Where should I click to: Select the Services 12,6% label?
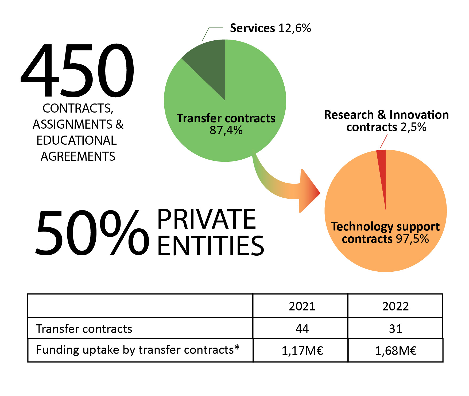click(270, 28)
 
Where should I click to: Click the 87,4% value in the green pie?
click(226, 130)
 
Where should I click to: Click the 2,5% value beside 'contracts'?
click(413, 127)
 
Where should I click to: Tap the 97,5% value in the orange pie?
click(412, 239)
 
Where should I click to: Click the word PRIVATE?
click(207, 219)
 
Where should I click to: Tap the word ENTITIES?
click(211, 246)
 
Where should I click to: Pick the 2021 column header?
click(302, 306)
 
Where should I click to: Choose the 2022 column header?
click(396, 306)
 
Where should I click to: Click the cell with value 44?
click(302, 329)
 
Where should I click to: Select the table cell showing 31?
click(396, 329)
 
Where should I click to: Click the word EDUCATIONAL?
click(77, 141)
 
